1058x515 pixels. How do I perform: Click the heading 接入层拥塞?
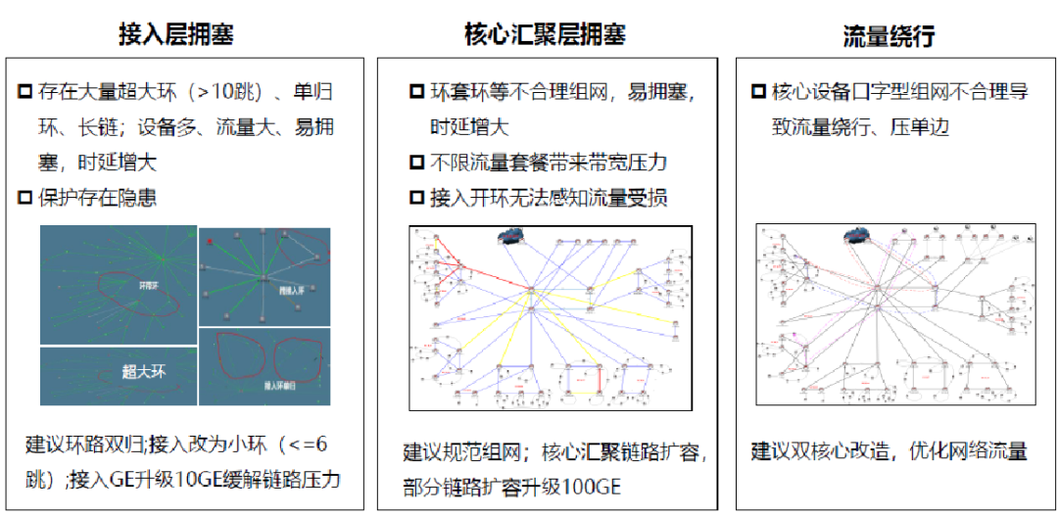175,34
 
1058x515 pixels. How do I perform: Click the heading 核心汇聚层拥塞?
545,34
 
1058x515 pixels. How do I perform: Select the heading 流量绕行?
889,36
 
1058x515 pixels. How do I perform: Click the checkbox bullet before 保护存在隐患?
25,198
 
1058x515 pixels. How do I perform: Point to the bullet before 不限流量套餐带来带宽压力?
417,163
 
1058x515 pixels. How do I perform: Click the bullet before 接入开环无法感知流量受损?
417,198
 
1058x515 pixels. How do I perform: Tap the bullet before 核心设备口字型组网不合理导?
758,91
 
